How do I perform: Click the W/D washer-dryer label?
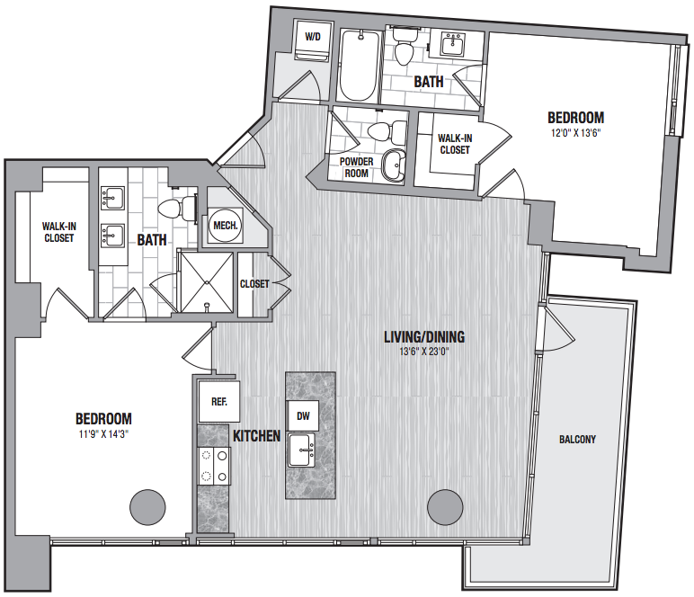click(313, 37)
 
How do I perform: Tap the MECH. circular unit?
click(226, 226)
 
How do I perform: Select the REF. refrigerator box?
click(219, 401)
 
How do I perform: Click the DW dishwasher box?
click(303, 416)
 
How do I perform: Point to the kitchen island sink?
click(301, 450)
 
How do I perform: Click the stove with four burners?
click(214, 466)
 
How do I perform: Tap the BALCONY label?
click(577, 440)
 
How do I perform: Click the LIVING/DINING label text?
click(424, 337)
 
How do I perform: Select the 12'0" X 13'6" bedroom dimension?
click(575, 133)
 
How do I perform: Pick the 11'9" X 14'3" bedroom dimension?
click(103, 434)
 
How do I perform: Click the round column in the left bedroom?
click(147, 508)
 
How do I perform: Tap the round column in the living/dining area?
click(445, 507)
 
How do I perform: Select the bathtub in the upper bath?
click(359, 65)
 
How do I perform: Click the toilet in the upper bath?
click(404, 46)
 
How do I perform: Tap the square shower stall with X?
click(207, 282)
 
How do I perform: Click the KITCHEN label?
click(257, 436)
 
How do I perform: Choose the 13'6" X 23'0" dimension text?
click(424, 352)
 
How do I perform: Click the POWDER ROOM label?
click(356, 167)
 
